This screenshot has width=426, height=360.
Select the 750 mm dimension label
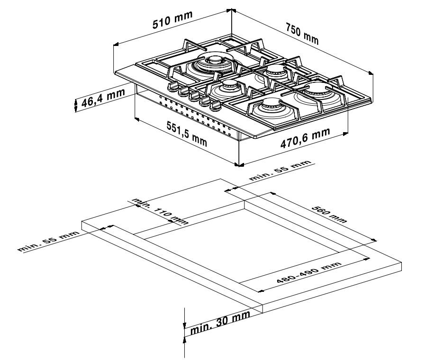pos(301,35)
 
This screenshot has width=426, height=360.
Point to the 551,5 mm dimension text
pos(186,134)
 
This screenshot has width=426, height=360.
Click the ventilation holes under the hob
pos(190,114)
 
